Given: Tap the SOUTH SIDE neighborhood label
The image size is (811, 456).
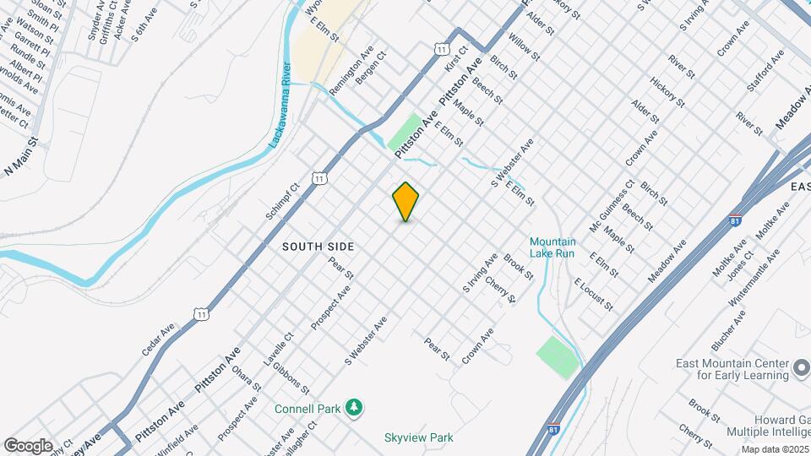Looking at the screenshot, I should pyautogui.click(x=318, y=247).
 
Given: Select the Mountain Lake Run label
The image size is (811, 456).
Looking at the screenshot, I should pyautogui.click(x=552, y=247).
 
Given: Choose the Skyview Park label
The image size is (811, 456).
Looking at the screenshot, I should pyautogui.click(x=418, y=437).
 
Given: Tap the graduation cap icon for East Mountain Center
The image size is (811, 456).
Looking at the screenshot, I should pyautogui.click(x=801, y=369).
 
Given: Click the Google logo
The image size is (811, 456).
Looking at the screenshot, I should pyautogui.click(x=28, y=445).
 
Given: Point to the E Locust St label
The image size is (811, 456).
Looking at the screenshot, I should pyautogui.click(x=592, y=293).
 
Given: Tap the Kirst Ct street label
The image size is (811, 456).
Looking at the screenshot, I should pyautogui.click(x=456, y=59).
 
